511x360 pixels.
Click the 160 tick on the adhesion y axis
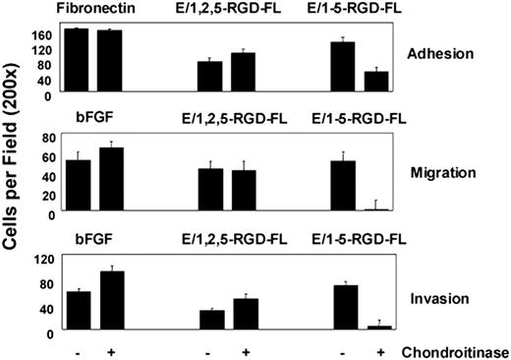tap(43, 33)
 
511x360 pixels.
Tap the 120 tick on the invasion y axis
tap(43, 259)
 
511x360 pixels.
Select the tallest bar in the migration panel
tap(110, 180)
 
